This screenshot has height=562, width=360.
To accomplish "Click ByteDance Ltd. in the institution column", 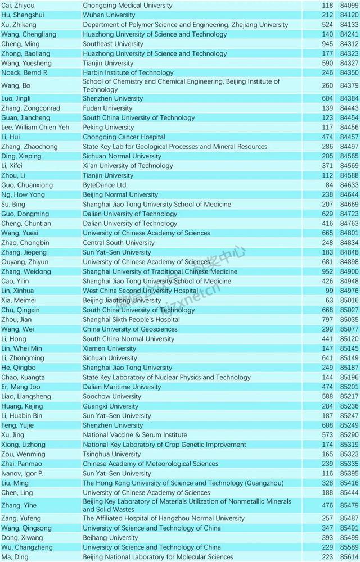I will click(105, 185).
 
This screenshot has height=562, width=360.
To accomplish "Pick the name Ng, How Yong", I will click(21, 194).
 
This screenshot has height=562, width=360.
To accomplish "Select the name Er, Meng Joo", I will click(20, 387).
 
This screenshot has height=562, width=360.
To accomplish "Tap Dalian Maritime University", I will click(121, 387).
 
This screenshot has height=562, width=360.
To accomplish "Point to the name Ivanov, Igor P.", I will click(22, 474).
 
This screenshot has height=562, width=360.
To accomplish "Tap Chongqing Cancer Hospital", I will click(124, 137).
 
